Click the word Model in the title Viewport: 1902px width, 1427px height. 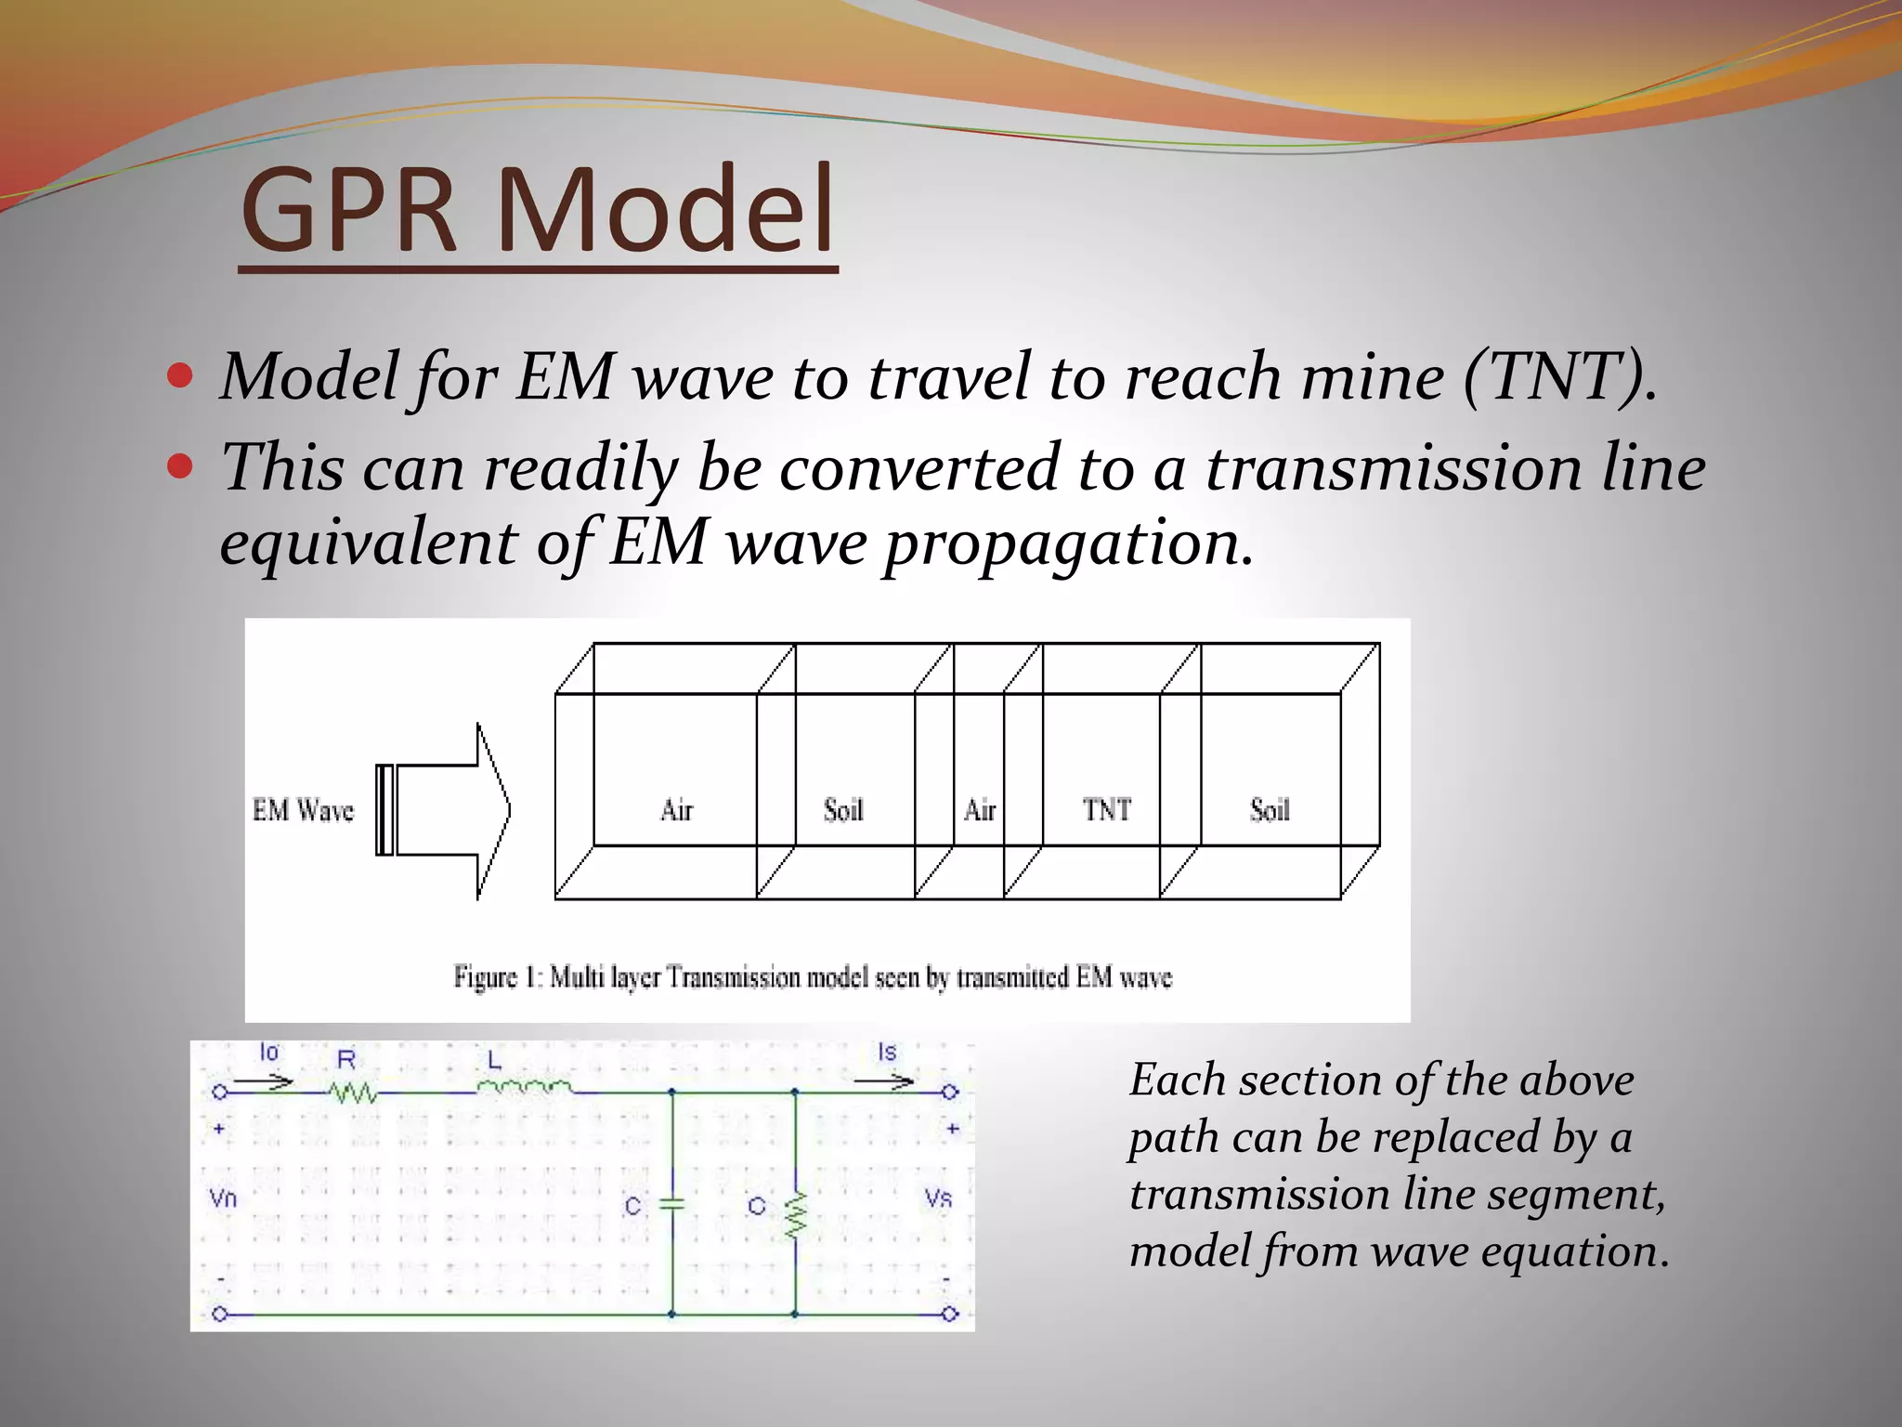(x=665, y=212)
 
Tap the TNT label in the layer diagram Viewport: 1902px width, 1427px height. (x=1106, y=810)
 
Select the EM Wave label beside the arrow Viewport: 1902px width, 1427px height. (x=303, y=810)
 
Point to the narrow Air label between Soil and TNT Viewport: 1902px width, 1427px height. (x=979, y=810)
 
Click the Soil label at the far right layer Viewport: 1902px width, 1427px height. (x=1270, y=810)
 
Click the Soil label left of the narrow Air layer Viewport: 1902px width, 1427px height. (x=842, y=810)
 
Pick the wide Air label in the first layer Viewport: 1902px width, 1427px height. (x=676, y=810)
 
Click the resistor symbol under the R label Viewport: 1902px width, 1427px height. (x=354, y=1093)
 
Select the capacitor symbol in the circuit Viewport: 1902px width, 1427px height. (x=671, y=1204)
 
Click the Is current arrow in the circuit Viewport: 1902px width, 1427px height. (x=884, y=1081)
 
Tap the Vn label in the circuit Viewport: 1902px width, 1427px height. (x=223, y=1198)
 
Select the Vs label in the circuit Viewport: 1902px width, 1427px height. (x=938, y=1198)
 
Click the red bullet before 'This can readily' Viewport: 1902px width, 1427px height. (x=180, y=465)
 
